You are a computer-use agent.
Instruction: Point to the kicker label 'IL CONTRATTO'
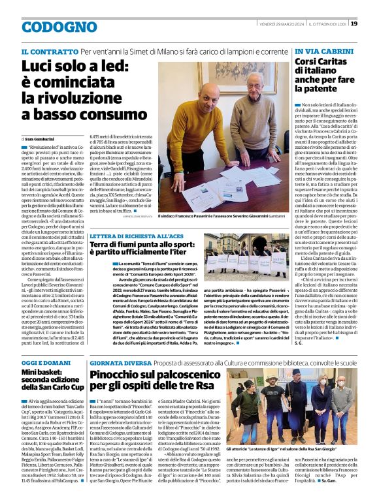[x=49, y=51]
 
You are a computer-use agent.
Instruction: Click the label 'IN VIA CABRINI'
[x=320, y=51]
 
